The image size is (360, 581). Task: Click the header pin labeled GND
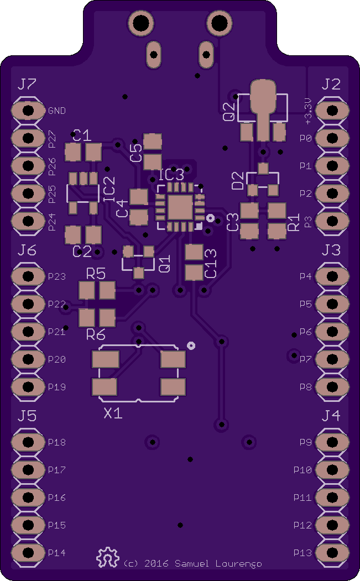tap(28, 111)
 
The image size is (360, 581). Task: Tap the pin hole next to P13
tap(332, 553)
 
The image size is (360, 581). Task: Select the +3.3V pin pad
tap(332, 111)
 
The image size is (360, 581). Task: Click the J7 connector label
tap(27, 84)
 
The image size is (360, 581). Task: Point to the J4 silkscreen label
tap(331, 416)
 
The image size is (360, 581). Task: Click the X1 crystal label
tap(113, 413)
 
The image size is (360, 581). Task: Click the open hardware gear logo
tap(108, 557)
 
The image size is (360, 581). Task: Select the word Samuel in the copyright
tap(192, 563)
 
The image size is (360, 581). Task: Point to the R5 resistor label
tap(96, 274)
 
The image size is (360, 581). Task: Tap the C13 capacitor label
tap(210, 264)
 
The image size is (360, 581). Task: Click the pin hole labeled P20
tap(28, 359)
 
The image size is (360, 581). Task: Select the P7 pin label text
tap(305, 359)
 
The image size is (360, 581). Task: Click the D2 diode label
tap(238, 181)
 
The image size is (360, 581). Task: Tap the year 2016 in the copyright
tap(156, 563)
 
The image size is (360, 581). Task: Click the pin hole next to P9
tap(332, 442)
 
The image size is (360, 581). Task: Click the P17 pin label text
tap(57, 470)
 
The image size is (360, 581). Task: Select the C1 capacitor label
tap(82, 135)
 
